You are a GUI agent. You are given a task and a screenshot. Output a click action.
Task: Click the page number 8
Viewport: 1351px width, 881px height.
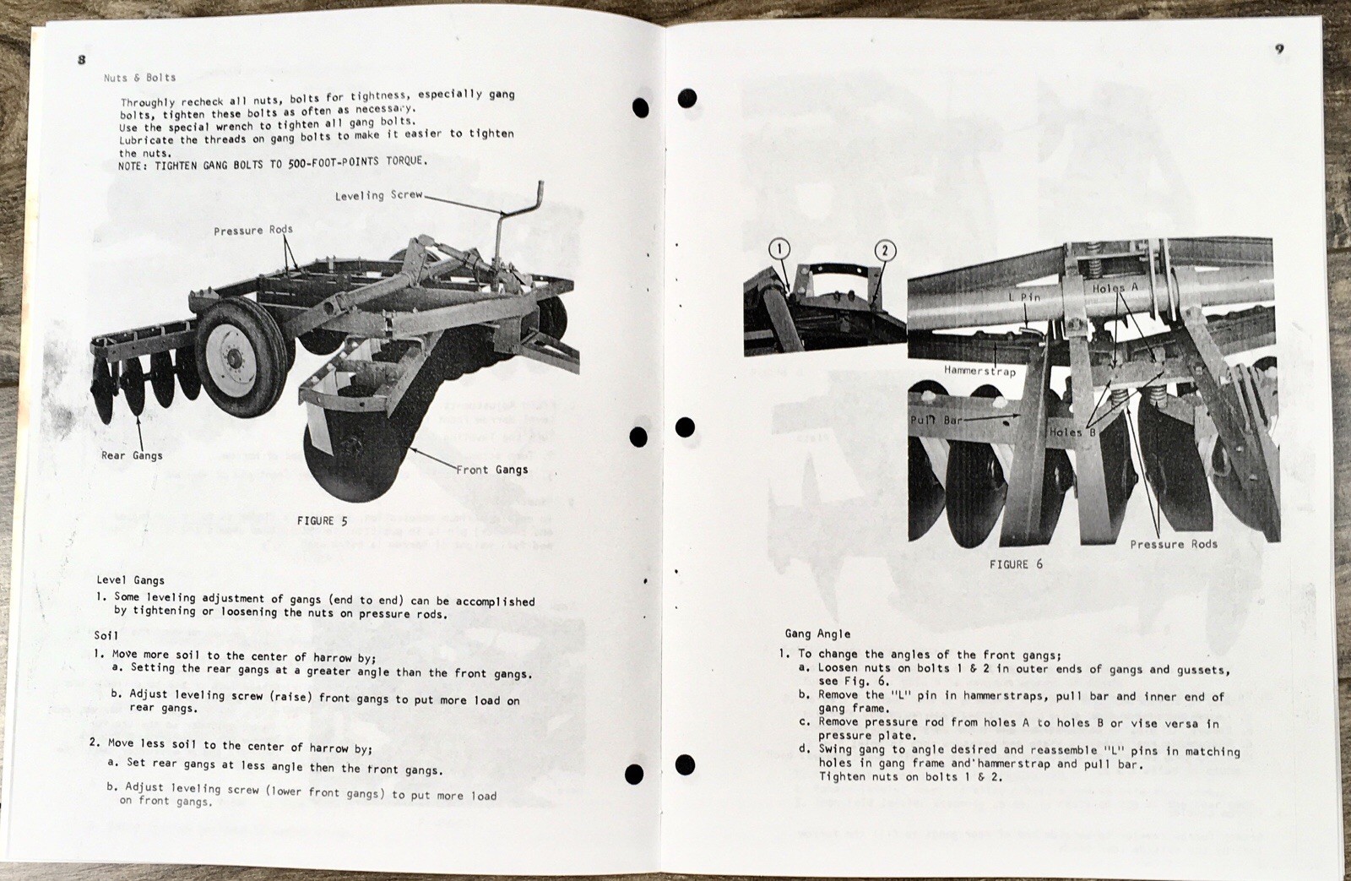point(81,59)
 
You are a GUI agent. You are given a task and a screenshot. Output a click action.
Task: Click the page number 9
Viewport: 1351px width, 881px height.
point(1280,49)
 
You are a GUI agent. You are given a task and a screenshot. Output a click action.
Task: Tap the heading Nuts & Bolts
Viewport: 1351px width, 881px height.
point(139,78)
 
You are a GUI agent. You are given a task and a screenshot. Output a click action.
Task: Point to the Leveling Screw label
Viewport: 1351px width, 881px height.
point(378,195)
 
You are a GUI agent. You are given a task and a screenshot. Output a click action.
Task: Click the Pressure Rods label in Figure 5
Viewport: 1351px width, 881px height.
point(253,231)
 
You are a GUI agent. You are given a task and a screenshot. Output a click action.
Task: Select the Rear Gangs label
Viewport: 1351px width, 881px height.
point(132,455)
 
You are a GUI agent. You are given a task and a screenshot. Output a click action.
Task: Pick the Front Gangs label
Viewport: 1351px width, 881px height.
point(492,470)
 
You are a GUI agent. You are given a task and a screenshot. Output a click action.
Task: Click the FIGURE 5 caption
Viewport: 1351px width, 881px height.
point(322,521)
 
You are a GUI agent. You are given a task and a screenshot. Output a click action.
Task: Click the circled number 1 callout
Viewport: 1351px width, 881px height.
point(779,249)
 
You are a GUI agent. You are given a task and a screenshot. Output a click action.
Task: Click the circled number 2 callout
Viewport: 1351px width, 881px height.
point(884,250)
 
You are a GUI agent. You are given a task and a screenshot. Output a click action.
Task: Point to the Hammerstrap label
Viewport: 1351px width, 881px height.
point(979,371)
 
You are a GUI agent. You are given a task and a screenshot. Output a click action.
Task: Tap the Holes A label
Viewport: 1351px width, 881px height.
point(1115,289)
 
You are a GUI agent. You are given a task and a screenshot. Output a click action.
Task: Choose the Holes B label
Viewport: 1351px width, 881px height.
point(1072,432)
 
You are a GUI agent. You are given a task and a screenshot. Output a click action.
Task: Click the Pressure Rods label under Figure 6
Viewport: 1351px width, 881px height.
point(1174,544)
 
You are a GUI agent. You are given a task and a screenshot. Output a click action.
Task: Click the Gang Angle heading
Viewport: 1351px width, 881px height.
point(817,634)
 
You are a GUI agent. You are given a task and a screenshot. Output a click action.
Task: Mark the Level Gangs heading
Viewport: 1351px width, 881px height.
point(130,580)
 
